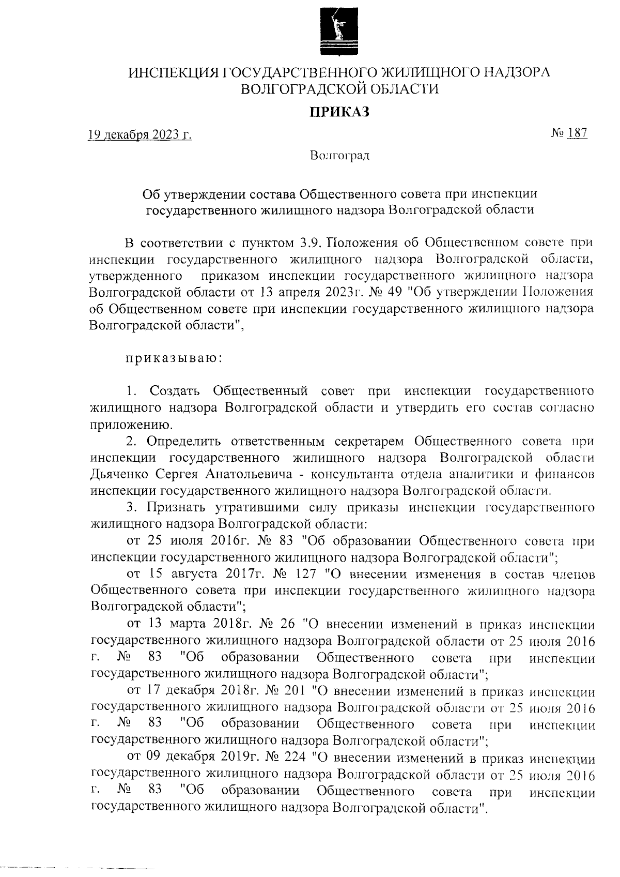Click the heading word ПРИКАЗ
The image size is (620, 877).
click(x=339, y=112)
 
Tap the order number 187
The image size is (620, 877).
click(x=577, y=133)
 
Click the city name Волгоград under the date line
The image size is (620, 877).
click(x=339, y=155)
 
